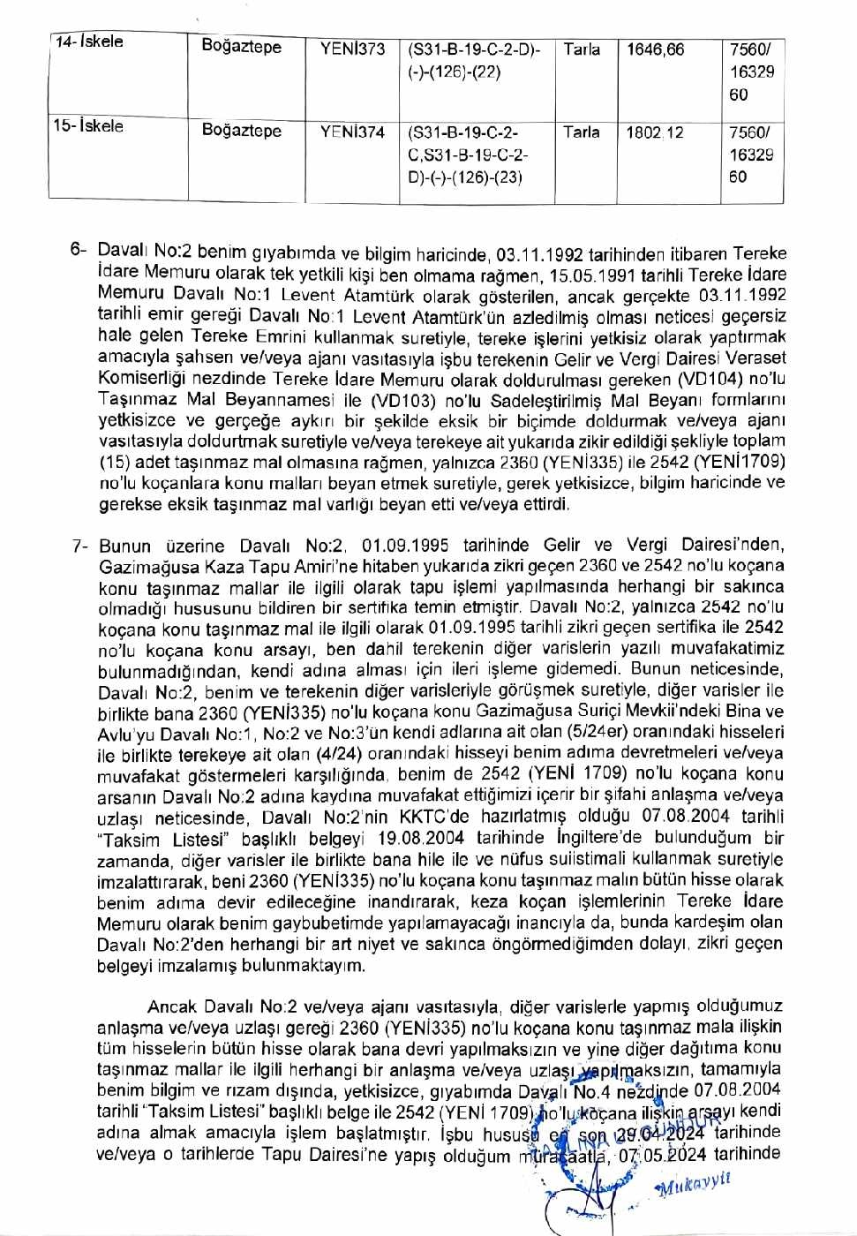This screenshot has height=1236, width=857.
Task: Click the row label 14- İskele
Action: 88,42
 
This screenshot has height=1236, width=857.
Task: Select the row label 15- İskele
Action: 87,126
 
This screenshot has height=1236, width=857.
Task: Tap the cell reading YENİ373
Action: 352,49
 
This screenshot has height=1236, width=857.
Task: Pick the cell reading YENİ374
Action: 352,132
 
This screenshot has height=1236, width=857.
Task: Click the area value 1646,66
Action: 655,49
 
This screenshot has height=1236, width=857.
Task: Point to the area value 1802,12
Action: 655,132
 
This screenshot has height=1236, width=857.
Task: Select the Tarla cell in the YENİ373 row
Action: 582,49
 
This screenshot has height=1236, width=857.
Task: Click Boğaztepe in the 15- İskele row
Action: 242,131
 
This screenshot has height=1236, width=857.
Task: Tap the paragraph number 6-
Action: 79,251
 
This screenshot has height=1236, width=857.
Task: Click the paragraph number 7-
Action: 80,546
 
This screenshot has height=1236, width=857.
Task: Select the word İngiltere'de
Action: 598,838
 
